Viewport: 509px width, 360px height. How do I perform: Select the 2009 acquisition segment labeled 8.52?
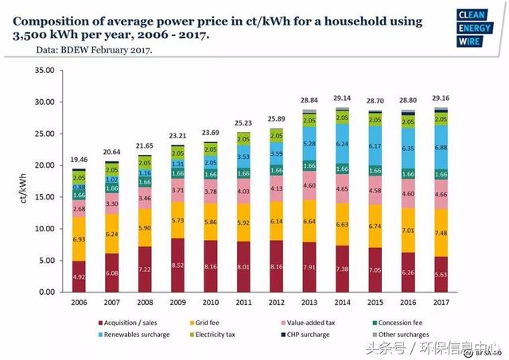[x=177, y=265]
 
